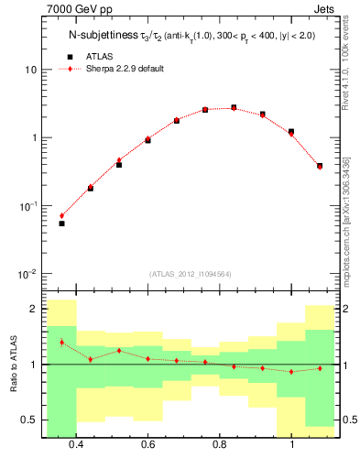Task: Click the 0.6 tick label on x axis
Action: click(x=147, y=445)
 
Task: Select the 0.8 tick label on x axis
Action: click(x=220, y=445)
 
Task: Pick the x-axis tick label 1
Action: click(x=291, y=445)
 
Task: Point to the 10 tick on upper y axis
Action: click(x=30, y=71)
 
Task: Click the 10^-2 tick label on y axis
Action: click(x=27, y=275)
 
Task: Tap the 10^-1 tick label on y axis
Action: click(x=27, y=206)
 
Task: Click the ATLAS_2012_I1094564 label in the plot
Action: click(x=189, y=274)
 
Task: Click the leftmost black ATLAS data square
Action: click(x=61, y=224)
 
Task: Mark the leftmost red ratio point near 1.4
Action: click(x=61, y=343)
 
